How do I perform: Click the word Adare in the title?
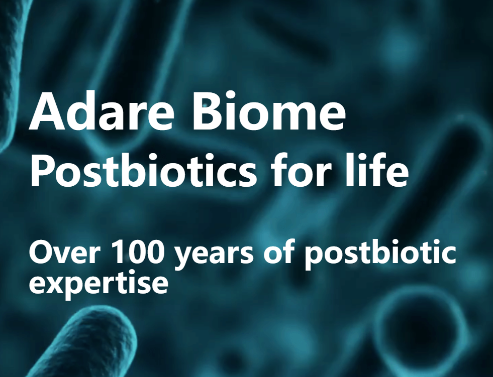click(x=101, y=110)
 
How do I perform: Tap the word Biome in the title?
click(x=269, y=110)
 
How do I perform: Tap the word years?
click(x=214, y=256)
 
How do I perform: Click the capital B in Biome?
click(x=206, y=111)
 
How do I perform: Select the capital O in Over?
click(x=40, y=253)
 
